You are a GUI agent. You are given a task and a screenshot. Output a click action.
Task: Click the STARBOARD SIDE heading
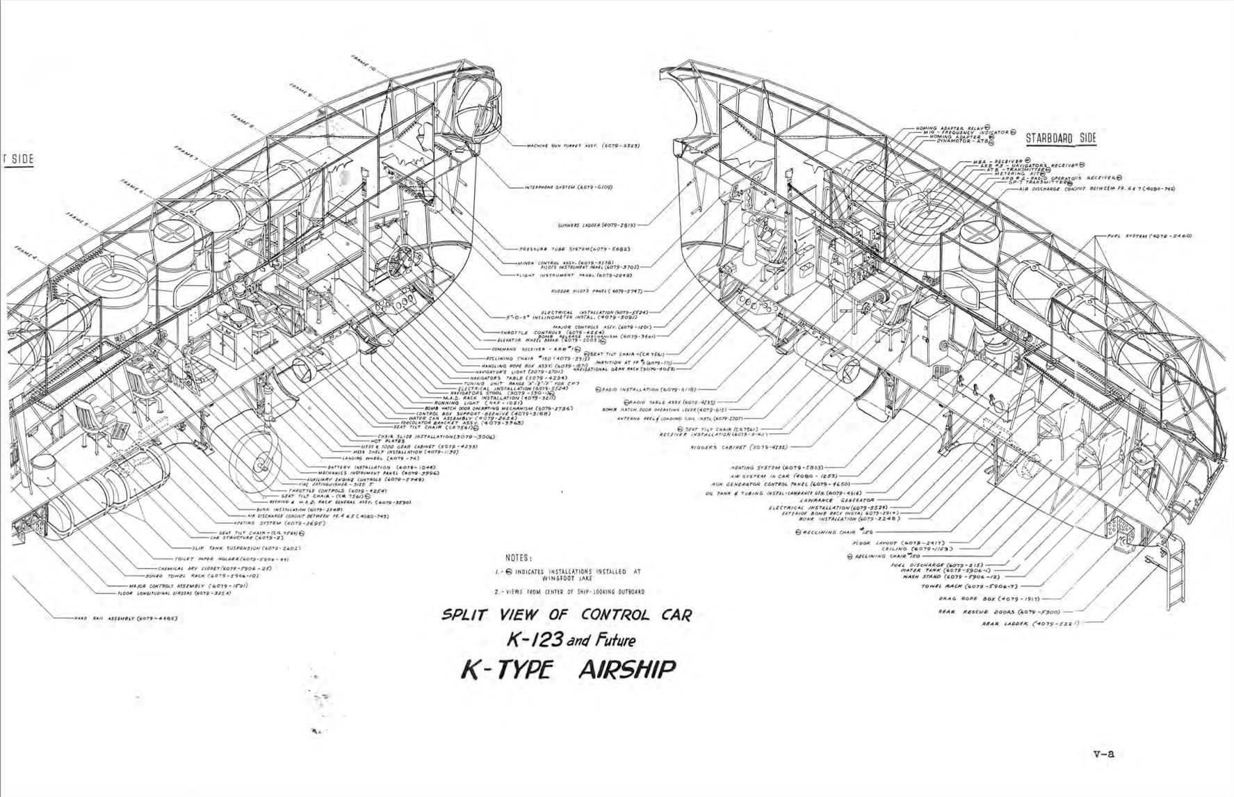tap(1061, 138)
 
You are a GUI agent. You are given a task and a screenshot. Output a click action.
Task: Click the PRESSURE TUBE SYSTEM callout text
tap(574, 248)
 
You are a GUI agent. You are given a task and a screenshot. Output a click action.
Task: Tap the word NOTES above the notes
tap(520, 557)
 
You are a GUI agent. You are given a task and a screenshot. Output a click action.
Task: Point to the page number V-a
tap(1103, 752)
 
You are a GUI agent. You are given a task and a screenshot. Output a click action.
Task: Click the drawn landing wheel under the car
tap(258, 460)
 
